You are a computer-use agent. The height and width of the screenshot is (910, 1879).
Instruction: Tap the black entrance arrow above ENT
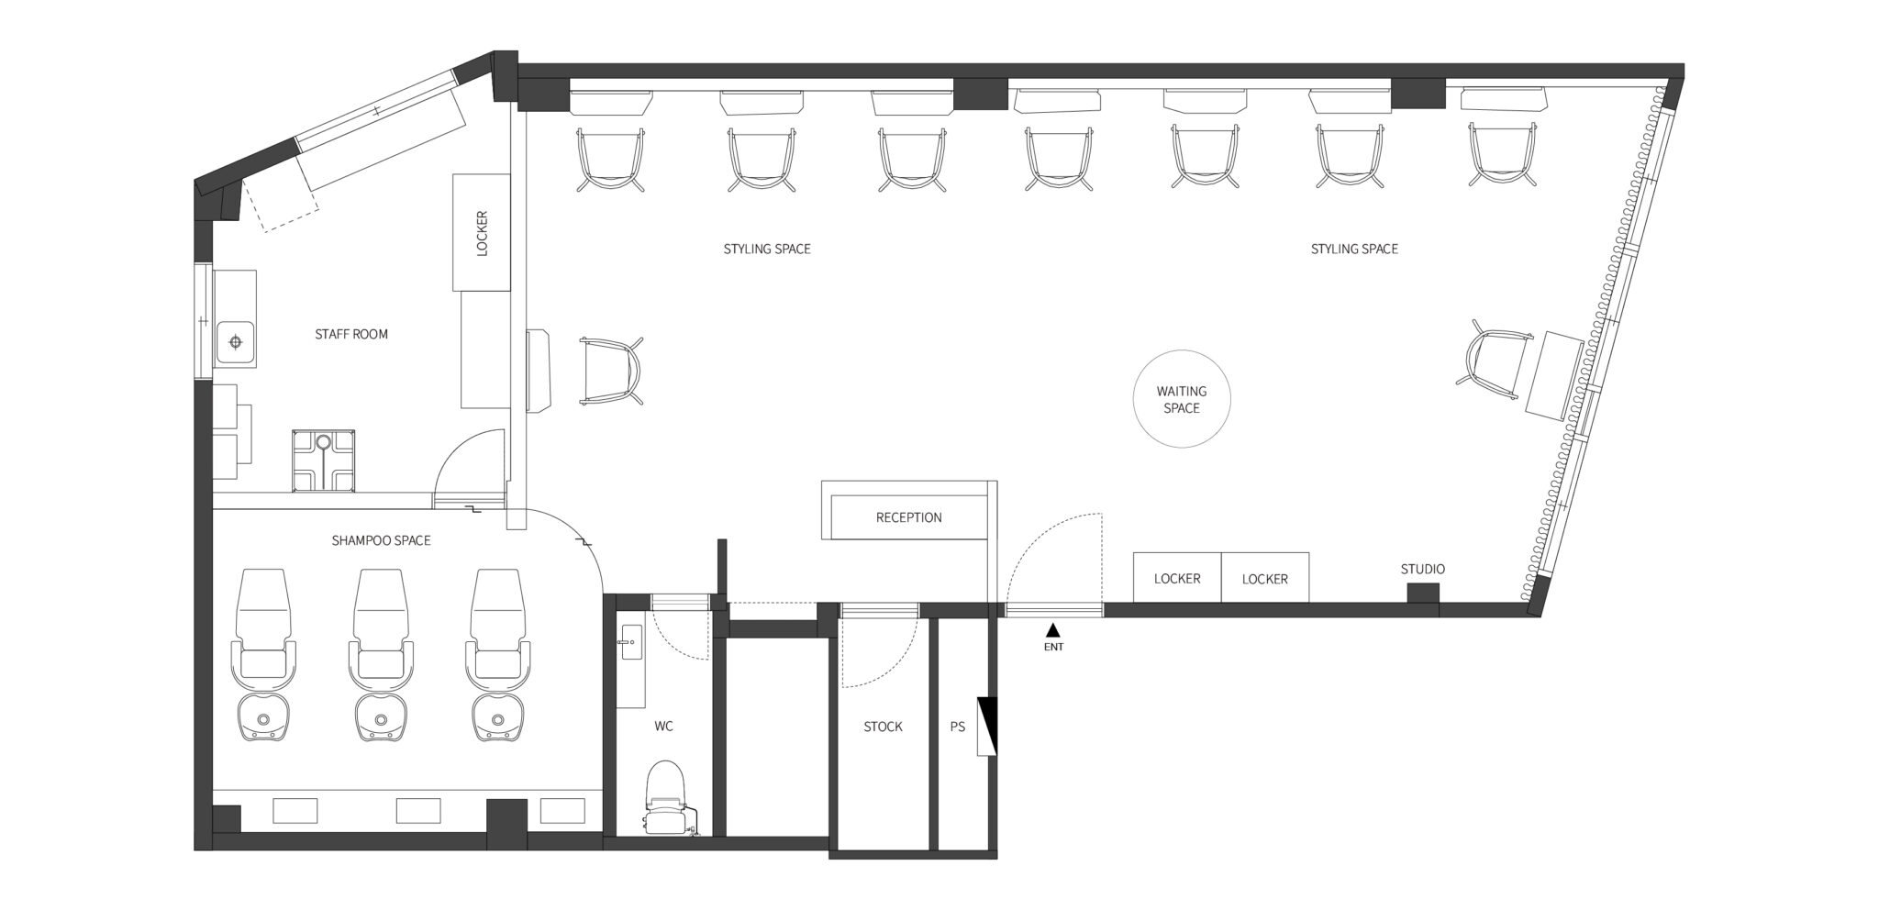pos(1053,630)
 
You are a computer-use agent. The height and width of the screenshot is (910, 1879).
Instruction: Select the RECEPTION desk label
pos(908,517)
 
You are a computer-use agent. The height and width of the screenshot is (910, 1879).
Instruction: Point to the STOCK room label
pos(883,727)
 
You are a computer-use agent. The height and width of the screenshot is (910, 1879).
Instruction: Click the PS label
pos(958,727)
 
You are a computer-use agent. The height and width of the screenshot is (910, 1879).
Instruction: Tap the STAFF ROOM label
pos(351,334)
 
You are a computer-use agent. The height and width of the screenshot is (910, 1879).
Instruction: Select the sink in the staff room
pos(236,342)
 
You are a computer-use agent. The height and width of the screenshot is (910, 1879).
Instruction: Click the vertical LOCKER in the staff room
pos(482,233)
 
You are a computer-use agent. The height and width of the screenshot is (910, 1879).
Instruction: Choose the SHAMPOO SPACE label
pos(381,540)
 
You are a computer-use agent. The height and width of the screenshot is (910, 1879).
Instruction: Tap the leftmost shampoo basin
pos(264,716)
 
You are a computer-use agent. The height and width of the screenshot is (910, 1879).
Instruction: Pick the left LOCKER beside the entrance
pos(1177,578)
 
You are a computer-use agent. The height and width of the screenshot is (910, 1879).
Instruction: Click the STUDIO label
pos(1422,570)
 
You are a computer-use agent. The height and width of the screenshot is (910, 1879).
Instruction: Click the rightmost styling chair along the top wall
pos(1503,159)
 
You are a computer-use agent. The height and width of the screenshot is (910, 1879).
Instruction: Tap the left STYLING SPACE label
pos(767,249)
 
